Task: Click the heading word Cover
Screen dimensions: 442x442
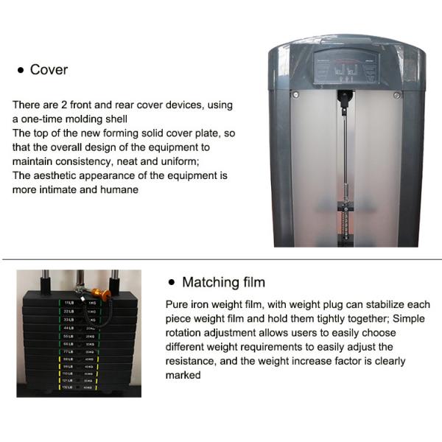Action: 49,70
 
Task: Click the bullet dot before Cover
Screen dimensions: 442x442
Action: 21,71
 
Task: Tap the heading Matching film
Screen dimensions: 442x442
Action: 223,282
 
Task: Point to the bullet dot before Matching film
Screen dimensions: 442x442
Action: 172,283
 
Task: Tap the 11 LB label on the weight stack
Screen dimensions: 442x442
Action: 69,303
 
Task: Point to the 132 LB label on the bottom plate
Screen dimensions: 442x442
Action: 69,387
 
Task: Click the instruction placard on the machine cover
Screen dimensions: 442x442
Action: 344,67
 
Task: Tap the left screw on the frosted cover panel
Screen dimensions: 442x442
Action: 295,94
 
